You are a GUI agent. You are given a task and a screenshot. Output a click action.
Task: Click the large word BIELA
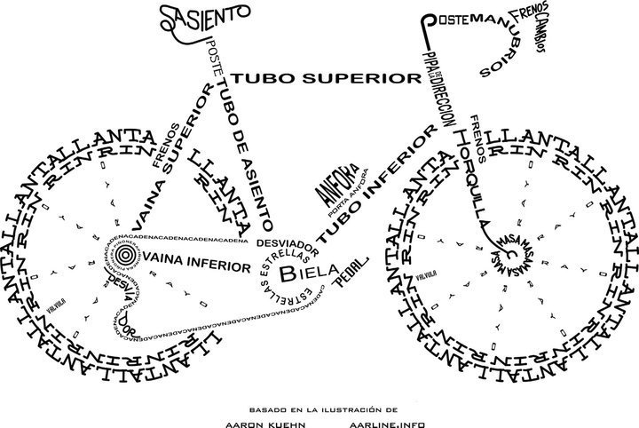(x=303, y=272)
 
